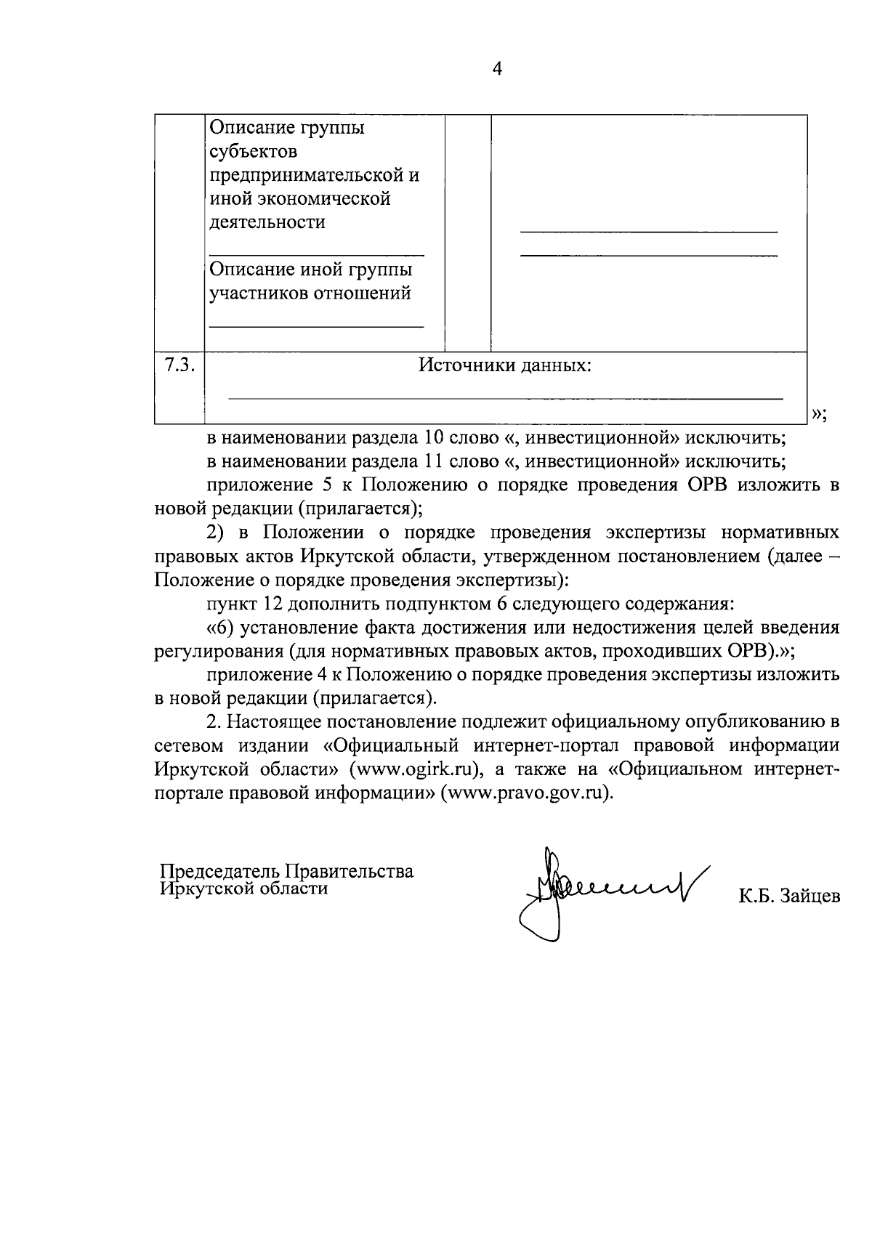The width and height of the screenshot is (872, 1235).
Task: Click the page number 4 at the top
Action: point(497,69)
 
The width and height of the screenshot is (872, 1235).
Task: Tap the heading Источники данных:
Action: point(505,365)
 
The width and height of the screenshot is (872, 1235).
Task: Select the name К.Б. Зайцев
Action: point(789,896)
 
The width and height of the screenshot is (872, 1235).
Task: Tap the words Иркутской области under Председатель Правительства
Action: point(244,888)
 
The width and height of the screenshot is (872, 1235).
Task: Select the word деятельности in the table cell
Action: point(267,222)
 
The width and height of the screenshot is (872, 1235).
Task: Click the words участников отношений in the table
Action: point(310,293)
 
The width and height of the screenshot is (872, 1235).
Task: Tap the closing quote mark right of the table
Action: point(817,414)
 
